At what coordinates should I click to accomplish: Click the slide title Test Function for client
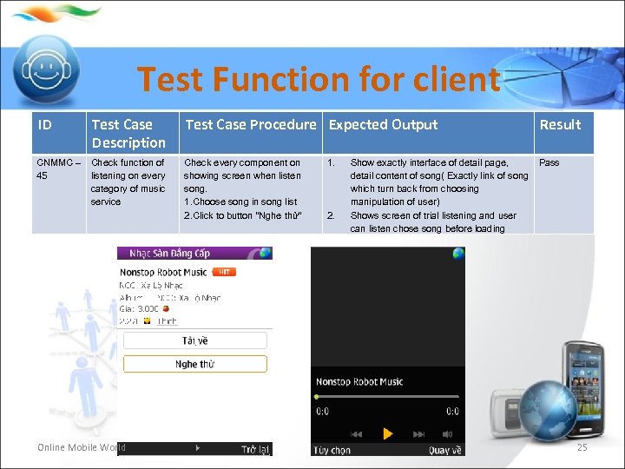coord(319,80)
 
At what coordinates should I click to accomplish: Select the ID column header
coord(45,125)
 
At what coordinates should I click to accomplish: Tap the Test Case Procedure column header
coord(250,125)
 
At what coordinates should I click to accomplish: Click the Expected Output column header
coord(383,125)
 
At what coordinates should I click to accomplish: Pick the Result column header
coord(560,125)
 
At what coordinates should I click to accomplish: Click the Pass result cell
coord(549,162)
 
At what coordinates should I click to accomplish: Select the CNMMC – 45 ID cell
coord(58,169)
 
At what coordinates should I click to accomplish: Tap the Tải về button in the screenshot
coord(194,340)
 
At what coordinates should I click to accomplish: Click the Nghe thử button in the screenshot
coord(194,364)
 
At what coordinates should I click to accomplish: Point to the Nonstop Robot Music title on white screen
coord(163,272)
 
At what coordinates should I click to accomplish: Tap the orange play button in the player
coord(387,433)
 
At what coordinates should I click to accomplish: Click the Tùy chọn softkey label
coord(333,450)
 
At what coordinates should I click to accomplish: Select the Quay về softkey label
coord(444,450)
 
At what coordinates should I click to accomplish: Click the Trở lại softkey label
coord(255,449)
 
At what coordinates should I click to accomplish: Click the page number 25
coord(582,447)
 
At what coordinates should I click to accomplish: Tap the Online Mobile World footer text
coord(81,448)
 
